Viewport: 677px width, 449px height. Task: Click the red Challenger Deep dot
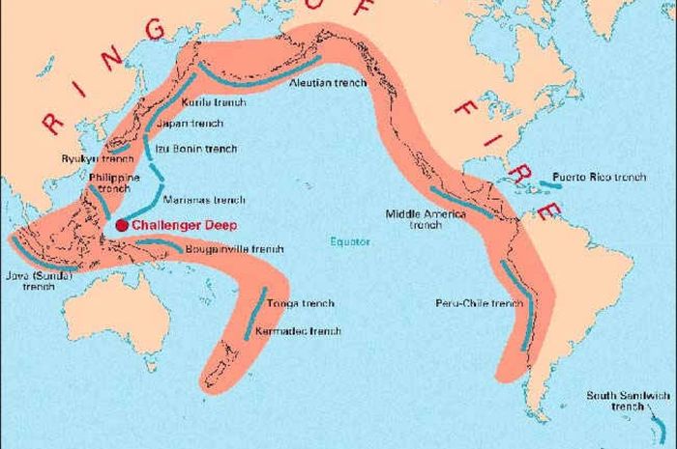121,225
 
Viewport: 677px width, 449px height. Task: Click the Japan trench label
196,124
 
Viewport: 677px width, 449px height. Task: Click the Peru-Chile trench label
479,303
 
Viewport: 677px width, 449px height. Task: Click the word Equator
348,241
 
